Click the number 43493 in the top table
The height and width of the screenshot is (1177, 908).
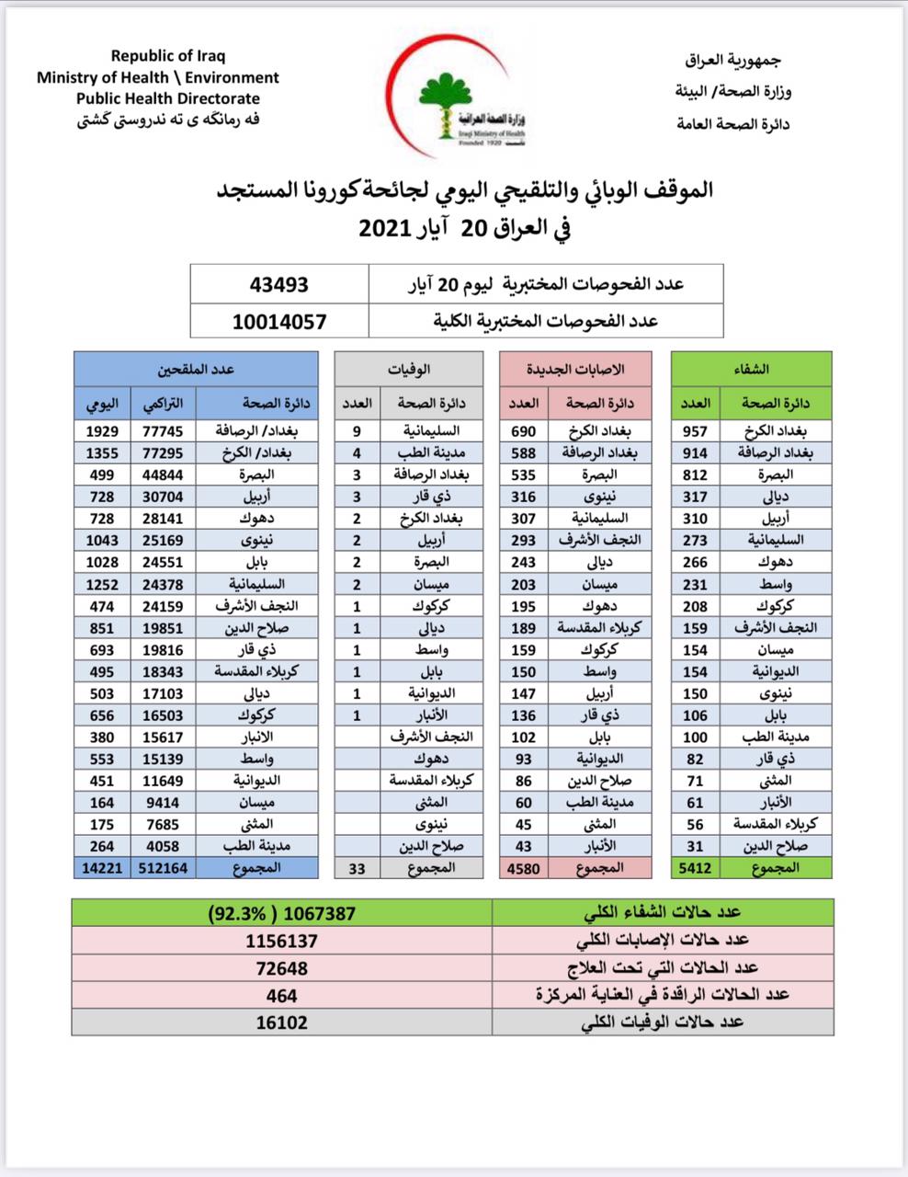coord(278,285)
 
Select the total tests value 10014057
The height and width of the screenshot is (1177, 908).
coord(278,322)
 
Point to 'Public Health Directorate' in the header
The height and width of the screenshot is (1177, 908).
coord(168,98)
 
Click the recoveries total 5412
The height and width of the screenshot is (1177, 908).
coord(696,867)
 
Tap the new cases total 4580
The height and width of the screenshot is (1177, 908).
coord(524,867)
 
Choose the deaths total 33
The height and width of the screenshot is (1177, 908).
coord(357,867)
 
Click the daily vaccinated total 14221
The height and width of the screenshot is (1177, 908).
coord(101,867)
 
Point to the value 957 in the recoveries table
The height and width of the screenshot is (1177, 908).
coord(696,430)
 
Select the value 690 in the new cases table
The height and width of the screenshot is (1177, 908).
coord(524,430)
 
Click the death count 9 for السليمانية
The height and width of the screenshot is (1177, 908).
coord(357,430)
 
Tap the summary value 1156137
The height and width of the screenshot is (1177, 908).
coord(282,941)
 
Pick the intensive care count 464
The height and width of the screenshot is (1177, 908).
coord(282,995)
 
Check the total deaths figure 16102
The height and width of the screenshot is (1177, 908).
coord(282,1022)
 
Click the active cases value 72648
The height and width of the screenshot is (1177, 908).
coord(282,968)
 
